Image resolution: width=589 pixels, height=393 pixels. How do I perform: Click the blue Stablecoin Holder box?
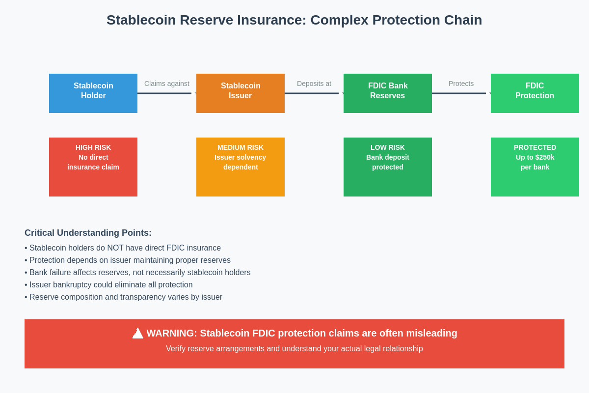click(93, 93)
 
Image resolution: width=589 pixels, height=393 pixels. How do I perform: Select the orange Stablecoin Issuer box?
click(241, 93)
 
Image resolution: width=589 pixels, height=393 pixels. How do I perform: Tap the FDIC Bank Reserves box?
click(388, 93)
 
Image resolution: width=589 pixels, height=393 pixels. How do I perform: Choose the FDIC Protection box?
click(535, 93)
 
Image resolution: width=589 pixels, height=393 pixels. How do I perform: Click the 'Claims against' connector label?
click(167, 84)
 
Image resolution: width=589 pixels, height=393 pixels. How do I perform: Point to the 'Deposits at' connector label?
click(314, 84)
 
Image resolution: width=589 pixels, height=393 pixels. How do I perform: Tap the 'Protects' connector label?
click(461, 84)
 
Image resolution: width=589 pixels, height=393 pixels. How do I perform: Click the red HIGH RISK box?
click(93, 167)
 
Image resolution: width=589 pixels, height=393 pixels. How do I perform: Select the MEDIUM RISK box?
click(241, 167)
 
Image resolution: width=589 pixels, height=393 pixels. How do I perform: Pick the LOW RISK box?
click(388, 167)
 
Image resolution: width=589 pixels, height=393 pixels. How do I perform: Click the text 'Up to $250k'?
click(535, 157)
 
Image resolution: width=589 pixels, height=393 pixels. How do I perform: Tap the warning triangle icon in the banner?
click(138, 334)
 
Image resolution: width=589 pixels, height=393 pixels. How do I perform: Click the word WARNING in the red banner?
click(171, 333)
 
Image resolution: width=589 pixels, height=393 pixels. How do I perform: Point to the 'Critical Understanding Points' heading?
click(88, 233)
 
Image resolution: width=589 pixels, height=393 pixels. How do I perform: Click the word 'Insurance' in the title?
click(272, 20)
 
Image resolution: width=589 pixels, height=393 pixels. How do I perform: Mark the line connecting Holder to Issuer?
click(164, 93)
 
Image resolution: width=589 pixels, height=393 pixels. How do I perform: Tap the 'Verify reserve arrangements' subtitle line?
click(294, 349)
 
